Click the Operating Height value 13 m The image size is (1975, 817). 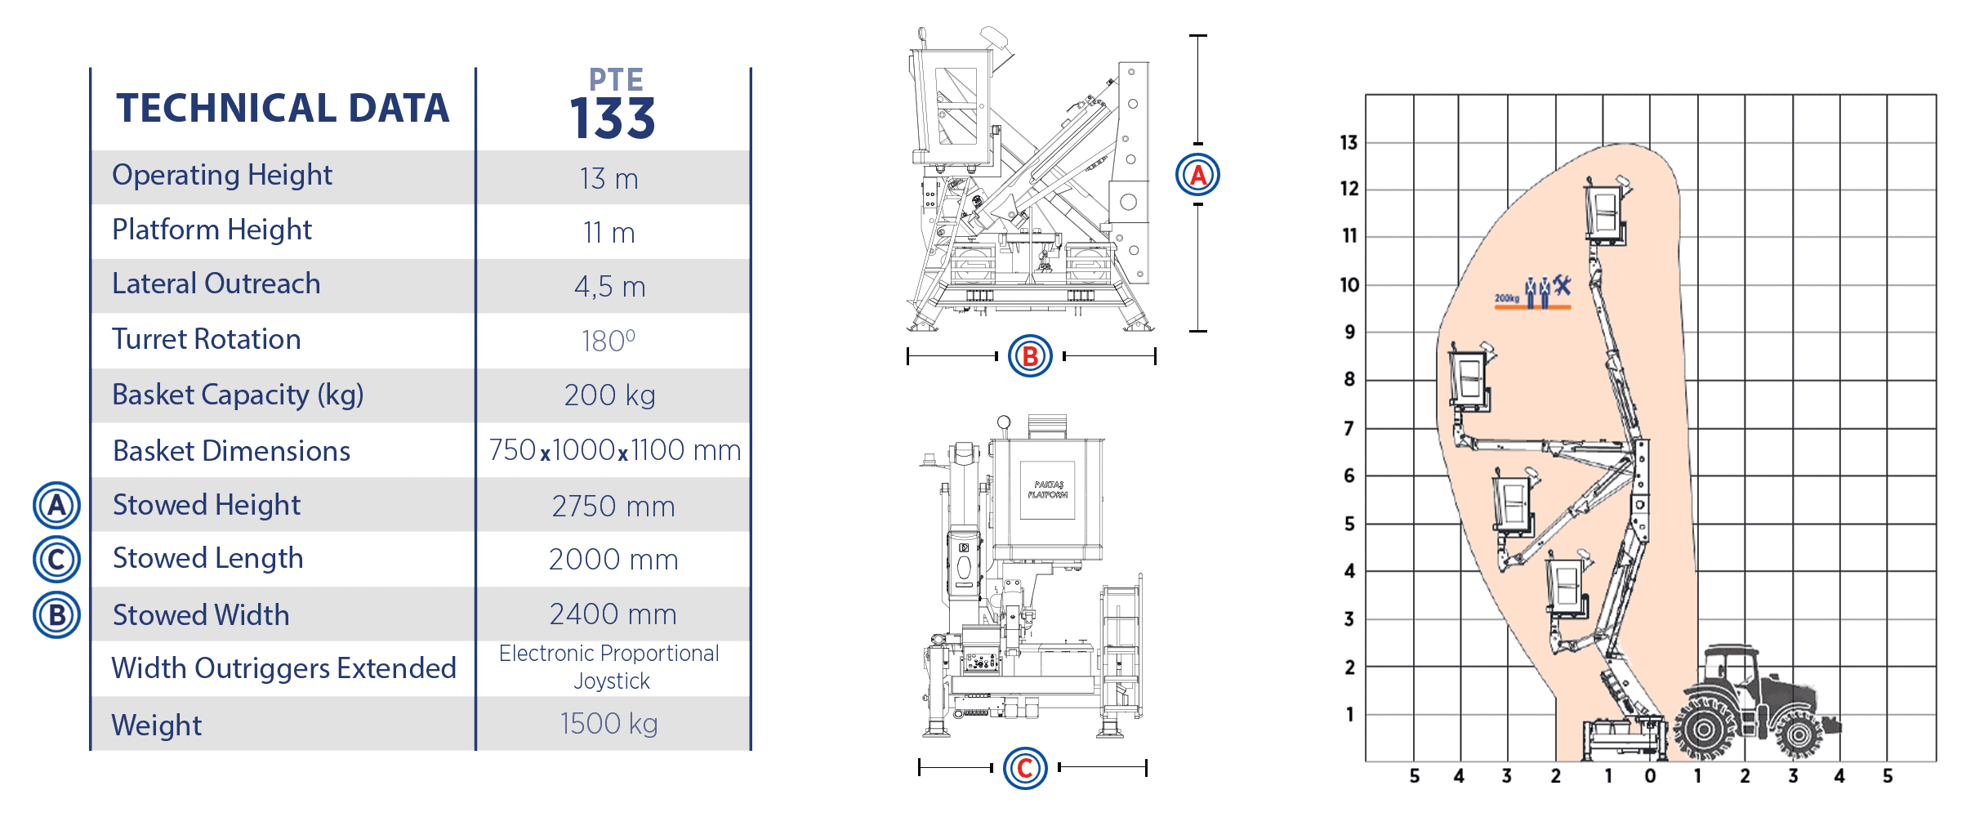609,178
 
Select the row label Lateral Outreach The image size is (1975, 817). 216,283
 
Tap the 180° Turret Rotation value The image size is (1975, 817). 609,340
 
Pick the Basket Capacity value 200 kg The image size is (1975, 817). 610,395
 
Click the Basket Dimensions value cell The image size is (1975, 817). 614,450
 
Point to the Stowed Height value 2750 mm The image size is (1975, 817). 613,506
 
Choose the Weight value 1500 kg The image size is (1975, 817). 609,724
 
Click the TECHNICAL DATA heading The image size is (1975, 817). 283,108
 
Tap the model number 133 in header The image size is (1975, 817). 613,118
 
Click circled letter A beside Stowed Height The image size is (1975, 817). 56,505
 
